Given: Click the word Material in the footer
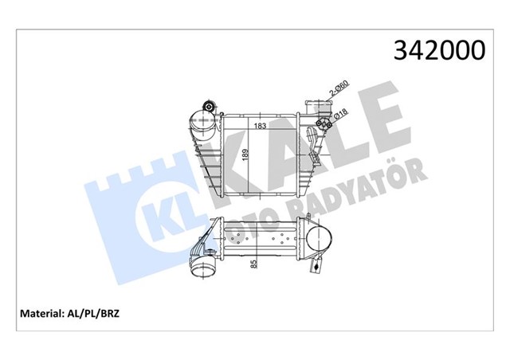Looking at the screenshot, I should pyautogui.click(x=50, y=314).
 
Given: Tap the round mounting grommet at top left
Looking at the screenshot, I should pyautogui.click(x=209, y=108).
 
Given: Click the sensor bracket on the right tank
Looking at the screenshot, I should pyautogui.click(x=308, y=142).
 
